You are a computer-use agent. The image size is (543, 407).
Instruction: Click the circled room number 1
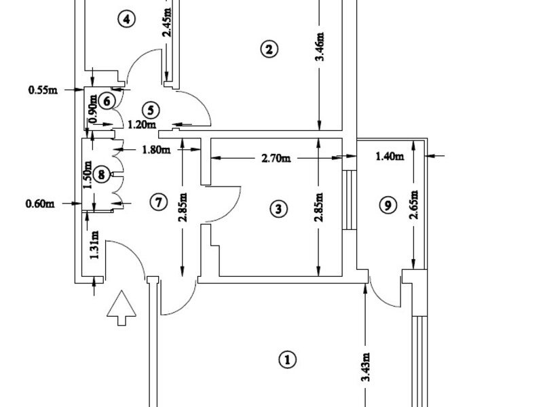pos(288,360)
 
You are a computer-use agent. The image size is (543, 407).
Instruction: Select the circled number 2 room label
pos(268,49)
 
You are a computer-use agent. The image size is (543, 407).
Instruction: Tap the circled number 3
pos(276,209)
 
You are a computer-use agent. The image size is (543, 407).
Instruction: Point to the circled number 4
pos(125,19)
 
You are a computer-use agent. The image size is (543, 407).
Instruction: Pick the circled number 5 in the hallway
pos(151,109)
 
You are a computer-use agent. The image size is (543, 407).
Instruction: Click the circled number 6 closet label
pos(106,100)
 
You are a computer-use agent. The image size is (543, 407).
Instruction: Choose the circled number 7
pos(157,201)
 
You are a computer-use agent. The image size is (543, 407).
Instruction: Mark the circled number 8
pos(101,175)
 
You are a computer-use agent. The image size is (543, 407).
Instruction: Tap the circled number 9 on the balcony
pos(387,206)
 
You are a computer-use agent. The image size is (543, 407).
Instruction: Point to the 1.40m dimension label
pos(390,157)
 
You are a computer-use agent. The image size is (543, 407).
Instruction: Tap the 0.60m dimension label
pos(39,201)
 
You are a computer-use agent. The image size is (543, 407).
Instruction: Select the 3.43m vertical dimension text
pos(367,368)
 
